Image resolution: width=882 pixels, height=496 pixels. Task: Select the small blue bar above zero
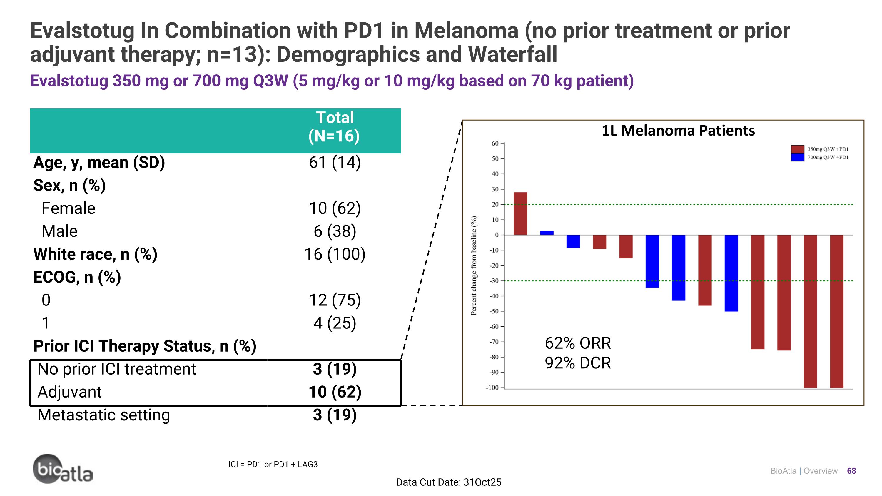pos(547,233)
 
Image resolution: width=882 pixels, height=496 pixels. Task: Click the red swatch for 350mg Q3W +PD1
pos(797,149)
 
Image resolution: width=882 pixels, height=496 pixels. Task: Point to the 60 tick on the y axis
pos(495,143)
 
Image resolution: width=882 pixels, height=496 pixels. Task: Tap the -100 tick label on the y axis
pos(493,388)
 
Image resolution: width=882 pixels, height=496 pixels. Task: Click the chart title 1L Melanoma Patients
pos(678,131)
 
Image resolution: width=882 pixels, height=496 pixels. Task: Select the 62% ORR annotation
pos(578,343)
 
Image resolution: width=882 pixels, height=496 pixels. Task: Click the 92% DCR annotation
pos(578,363)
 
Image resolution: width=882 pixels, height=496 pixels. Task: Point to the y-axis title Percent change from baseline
pos(474,265)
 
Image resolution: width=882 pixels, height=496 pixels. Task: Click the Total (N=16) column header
pos(334,127)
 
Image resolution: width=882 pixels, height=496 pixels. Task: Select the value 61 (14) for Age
pos(335,162)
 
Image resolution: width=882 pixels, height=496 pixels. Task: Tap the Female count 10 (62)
pos(335,208)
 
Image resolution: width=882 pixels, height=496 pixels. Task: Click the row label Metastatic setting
pos(104,415)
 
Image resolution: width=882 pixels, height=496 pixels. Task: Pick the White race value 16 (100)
pos(335,254)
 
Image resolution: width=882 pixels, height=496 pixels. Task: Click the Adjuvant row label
pos(69,392)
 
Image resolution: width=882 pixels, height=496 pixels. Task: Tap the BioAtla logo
pos(63,469)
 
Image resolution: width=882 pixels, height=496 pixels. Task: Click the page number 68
pos(851,471)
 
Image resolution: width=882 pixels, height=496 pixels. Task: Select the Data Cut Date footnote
pos(449,482)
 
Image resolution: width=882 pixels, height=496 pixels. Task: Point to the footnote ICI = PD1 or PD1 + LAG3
pos(273,465)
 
